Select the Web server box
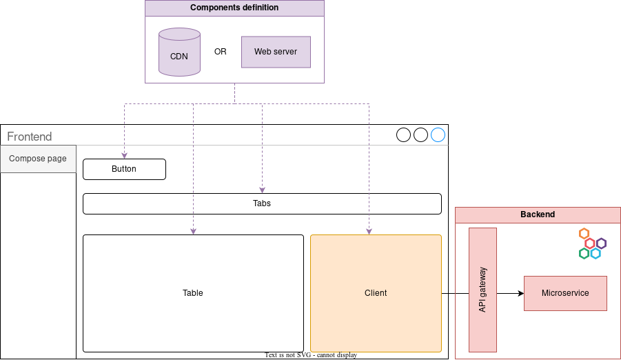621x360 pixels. [x=276, y=52]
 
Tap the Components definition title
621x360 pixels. [x=234, y=8]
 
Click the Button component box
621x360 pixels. [x=124, y=169]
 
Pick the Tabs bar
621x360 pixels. [x=262, y=203]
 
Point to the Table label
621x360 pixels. [x=193, y=293]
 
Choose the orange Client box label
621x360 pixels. [x=376, y=293]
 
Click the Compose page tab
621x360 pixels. [x=38, y=159]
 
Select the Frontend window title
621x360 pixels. [x=30, y=137]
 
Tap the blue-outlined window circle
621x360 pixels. [x=438, y=135]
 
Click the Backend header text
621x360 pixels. [x=538, y=214]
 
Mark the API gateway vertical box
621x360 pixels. [x=482, y=290]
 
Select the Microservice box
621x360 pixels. [x=565, y=293]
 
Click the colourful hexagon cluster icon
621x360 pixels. [x=591, y=243]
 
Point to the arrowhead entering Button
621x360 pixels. [x=124, y=155]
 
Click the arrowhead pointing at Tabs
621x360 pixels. [x=262, y=190]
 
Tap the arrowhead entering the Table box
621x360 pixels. [x=193, y=231]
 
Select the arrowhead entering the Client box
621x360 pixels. [x=369, y=231]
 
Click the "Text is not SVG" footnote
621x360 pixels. [x=310, y=355]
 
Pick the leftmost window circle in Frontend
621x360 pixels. [x=404, y=135]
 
